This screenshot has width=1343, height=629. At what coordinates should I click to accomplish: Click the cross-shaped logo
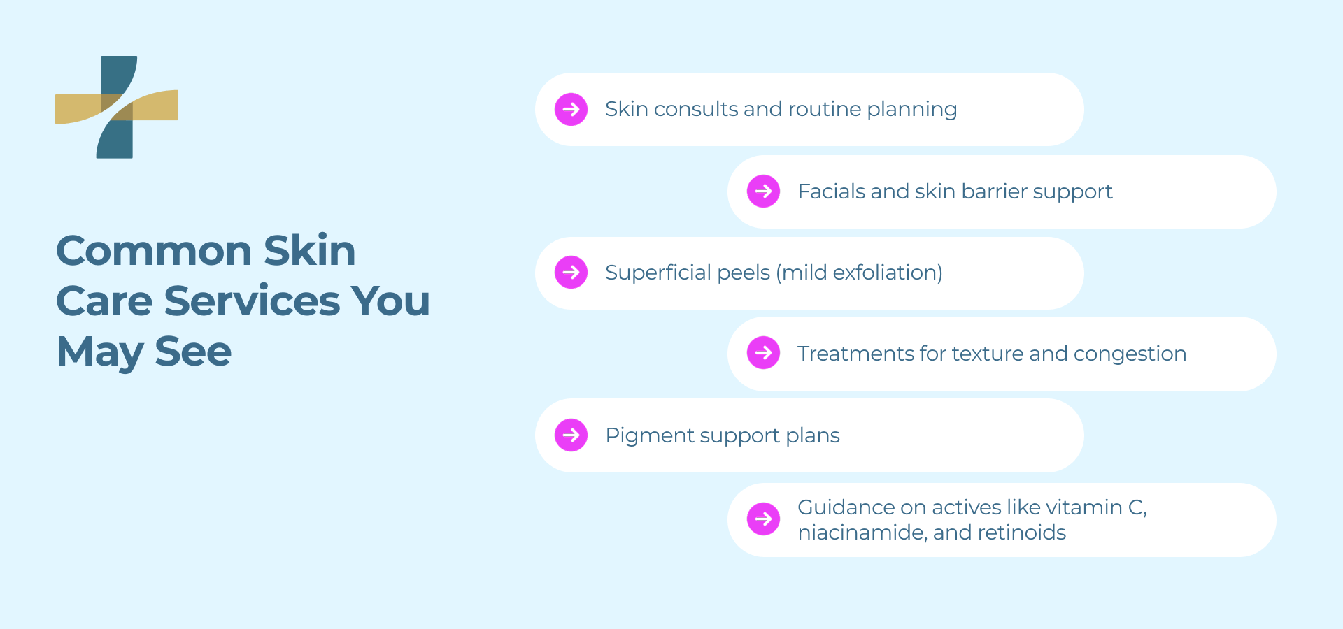[x=117, y=107]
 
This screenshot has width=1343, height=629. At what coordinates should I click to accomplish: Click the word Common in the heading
[x=153, y=251]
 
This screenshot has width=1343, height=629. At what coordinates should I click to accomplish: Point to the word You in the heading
[x=390, y=301]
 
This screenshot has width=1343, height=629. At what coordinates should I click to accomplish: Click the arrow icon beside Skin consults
[x=571, y=109]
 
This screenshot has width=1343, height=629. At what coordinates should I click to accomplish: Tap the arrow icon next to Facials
[x=763, y=191]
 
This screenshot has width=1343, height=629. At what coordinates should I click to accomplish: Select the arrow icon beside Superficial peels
[x=571, y=272]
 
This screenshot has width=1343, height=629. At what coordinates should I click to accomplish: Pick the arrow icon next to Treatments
[x=763, y=353]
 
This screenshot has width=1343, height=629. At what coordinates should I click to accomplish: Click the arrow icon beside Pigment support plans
[x=571, y=435]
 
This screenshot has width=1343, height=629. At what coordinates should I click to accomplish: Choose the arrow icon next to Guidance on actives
[x=763, y=519]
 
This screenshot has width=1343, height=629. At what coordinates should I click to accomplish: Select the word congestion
[x=1130, y=354]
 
